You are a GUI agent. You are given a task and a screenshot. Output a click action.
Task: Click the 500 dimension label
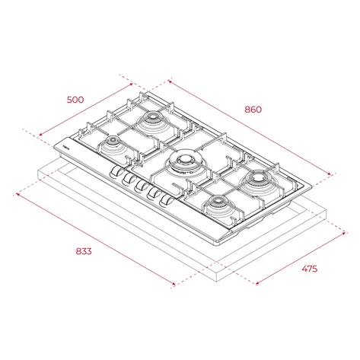click(x=75, y=100)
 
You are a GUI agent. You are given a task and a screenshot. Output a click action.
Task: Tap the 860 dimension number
click(x=253, y=110)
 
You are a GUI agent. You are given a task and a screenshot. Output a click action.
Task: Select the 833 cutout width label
click(x=84, y=251)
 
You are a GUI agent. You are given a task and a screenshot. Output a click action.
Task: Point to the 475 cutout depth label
click(x=309, y=269)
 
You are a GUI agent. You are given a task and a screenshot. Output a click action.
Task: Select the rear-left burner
click(x=153, y=119)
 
